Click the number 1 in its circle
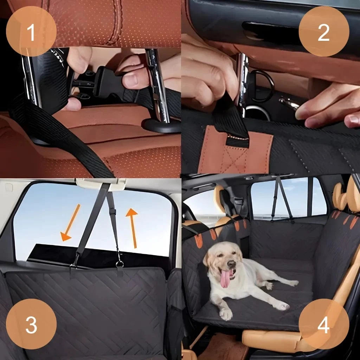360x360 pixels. pos(31,32)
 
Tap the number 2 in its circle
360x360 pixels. pos(323,32)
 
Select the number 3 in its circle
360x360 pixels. pos(31,324)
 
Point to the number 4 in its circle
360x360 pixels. pos(324,324)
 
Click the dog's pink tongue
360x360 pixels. pos(225,278)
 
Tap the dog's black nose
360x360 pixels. pos(231,264)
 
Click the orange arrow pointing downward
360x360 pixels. pos(70,223)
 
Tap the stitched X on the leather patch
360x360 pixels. pos(234,159)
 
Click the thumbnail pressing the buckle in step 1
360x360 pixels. pos(131,82)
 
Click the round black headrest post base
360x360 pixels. pos(162,126)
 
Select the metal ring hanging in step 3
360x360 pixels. pos(120,264)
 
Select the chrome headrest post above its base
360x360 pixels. pos(157,85)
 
